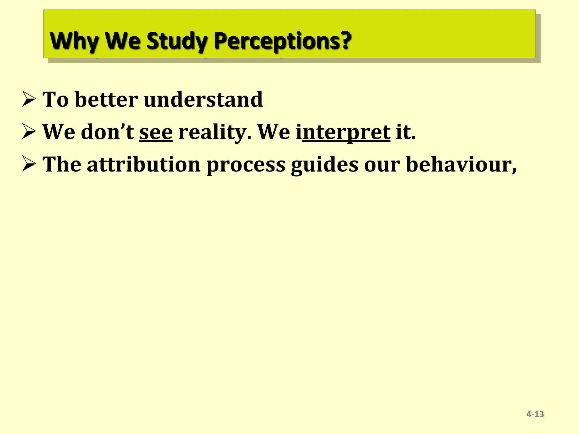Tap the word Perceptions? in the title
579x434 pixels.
[x=282, y=41]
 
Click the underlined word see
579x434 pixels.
[x=156, y=132]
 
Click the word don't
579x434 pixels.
[x=107, y=132]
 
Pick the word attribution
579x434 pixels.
[x=144, y=164]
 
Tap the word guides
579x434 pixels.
[x=325, y=164]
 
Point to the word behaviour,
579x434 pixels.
[x=461, y=164]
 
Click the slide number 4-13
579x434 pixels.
[x=535, y=414]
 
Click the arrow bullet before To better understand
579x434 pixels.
[x=29, y=99]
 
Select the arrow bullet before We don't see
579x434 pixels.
[x=29, y=132]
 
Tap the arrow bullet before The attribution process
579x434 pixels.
[x=29, y=164]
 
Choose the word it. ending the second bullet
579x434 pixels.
[x=405, y=132]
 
